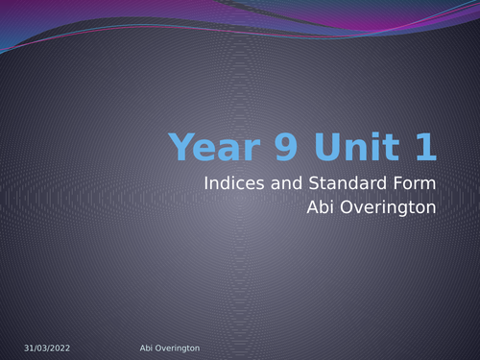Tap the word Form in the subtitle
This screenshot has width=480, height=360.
coord(415,181)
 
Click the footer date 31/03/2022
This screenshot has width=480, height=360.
coord(47,348)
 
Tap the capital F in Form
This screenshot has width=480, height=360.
coord(396,181)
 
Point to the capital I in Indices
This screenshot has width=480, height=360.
coord(206,181)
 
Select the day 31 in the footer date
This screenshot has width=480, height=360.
coord(29,348)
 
